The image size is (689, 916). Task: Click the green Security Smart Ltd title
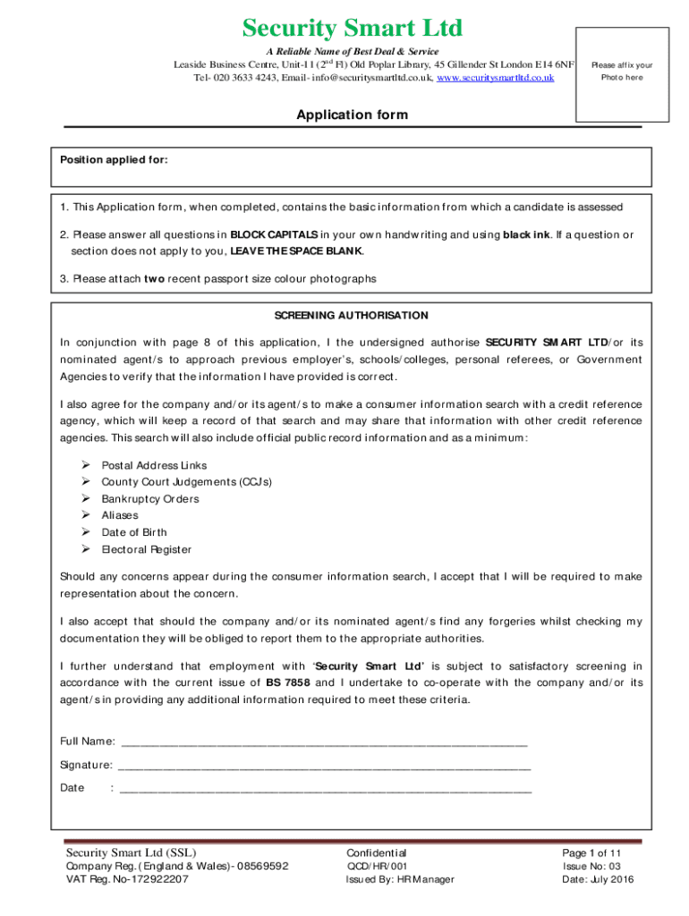353,28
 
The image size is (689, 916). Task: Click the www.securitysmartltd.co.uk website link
495,78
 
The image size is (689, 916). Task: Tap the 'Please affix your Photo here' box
621,72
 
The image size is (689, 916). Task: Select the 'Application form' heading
352,114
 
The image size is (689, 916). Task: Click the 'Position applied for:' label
114,160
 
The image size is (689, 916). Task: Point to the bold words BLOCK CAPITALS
274,234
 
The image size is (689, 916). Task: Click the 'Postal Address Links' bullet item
154,465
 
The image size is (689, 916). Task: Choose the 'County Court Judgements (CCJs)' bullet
186,482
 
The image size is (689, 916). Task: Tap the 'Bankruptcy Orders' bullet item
150,499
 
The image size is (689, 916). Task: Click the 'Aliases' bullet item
120,515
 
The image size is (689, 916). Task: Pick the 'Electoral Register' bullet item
146,549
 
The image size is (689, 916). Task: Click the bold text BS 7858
288,683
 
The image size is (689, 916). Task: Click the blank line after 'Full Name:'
323,742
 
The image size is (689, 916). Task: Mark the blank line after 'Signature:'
324,766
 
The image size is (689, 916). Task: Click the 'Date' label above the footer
72,788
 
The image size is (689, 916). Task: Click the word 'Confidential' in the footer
376,852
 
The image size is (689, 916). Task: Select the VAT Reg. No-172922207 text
127,879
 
